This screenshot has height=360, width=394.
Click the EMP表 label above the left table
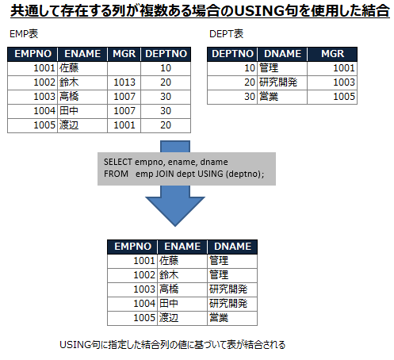(x=24, y=34)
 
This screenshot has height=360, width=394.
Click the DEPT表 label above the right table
(x=226, y=34)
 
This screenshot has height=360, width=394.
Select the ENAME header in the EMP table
(x=82, y=54)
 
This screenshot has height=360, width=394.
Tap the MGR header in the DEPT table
(x=332, y=54)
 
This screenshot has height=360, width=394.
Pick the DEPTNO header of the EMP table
(x=166, y=54)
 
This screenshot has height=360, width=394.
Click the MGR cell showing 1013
(x=124, y=82)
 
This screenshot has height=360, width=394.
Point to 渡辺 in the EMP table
(x=69, y=125)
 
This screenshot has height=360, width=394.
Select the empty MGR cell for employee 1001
(x=124, y=68)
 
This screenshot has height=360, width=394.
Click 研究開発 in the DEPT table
(x=278, y=82)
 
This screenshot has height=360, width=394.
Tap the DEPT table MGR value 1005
(x=344, y=97)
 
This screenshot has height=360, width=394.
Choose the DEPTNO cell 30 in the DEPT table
(x=250, y=97)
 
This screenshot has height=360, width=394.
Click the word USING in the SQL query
(x=210, y=174)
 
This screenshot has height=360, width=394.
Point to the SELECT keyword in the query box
(x=118, y=162)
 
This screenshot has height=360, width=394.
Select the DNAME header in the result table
(x=232, y=247)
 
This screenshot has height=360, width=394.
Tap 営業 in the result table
(x=219, y=318)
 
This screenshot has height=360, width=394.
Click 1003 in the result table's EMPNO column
(x=144, y=289)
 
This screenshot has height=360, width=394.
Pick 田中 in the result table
(x=169, y=304)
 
